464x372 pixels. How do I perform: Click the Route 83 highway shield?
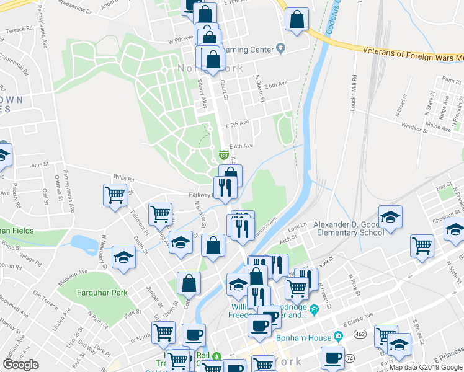222,154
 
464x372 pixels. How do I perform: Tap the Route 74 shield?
350,358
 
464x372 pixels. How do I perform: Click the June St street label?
39,164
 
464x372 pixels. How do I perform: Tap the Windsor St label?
415,129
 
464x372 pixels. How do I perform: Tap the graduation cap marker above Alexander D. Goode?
390,218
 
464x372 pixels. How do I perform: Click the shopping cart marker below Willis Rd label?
115,195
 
